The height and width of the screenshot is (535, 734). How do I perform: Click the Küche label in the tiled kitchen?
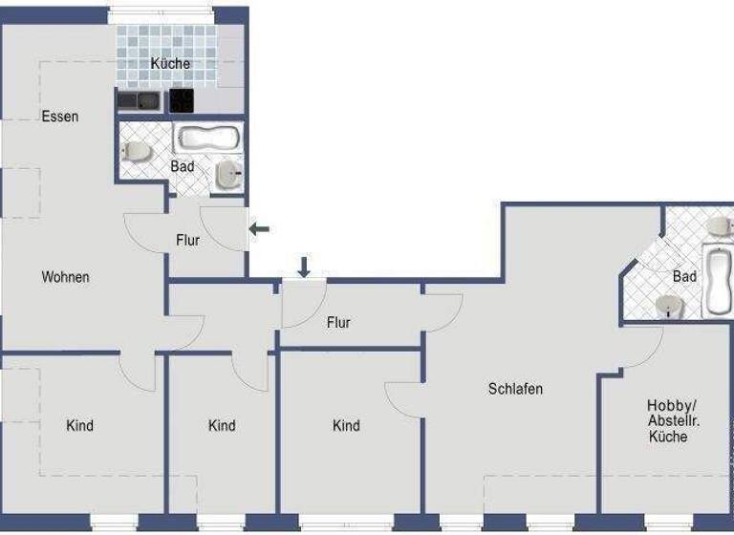170,64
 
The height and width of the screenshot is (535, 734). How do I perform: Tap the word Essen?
59,117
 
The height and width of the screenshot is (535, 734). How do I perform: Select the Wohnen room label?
65,277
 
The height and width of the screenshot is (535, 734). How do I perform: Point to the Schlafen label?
515,389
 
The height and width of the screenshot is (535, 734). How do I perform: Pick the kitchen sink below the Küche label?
139,100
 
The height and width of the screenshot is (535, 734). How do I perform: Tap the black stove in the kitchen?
182,100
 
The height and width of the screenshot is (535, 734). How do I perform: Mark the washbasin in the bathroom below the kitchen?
227,174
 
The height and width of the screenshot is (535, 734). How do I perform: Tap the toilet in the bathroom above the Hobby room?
718,225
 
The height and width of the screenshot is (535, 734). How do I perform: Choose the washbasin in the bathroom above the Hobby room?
669,305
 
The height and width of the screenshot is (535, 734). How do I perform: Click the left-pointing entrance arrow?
259,228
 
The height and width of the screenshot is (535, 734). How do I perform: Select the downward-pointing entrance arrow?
304,267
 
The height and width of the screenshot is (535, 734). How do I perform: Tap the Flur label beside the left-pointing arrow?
188,240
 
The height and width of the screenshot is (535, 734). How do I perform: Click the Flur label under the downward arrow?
338,323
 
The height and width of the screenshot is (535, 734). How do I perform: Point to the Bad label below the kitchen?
183,166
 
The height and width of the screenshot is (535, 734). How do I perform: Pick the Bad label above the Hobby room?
684,276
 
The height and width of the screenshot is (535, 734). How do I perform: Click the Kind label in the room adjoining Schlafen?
346,425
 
